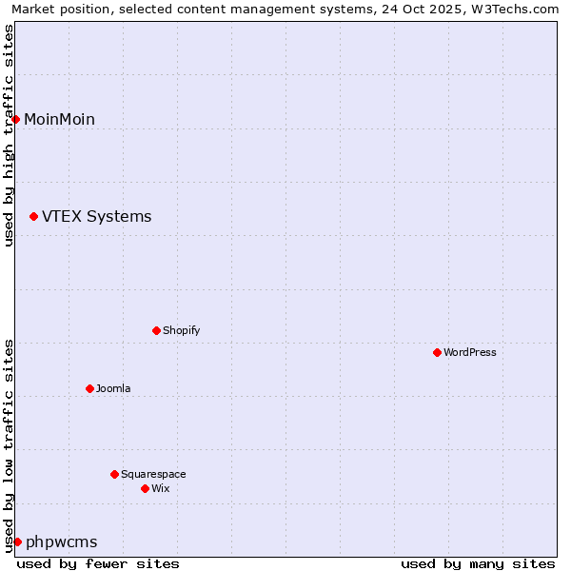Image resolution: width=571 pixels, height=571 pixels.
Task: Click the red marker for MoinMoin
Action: tap(16, 119)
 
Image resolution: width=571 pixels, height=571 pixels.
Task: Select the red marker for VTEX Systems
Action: tap(34, 217)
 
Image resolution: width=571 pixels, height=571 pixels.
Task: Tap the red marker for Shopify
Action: tap(156, 330)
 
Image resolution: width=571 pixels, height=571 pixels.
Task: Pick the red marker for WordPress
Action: tap(437, 352)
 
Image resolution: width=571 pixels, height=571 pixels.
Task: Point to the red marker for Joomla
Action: tap(89, 388)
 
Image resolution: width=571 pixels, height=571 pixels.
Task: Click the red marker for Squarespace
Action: tap(114, 474)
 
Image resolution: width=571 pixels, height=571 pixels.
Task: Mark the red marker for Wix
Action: tap(145, 488)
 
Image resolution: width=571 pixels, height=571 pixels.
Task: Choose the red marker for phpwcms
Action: tap(17, 541)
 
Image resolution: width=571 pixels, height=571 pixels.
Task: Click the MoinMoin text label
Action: tap(59, 119)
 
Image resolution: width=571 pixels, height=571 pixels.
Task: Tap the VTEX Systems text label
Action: tap(96, 217)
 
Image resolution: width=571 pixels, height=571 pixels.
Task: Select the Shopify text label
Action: tap(181, 330)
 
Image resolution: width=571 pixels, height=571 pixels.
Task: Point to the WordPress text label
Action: tap(469, 352)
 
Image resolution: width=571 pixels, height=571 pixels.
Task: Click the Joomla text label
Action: tap(113, 388)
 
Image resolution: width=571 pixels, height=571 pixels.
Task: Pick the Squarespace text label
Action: tap(153, 474)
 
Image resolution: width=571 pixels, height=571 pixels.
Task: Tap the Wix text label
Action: tap(160, 488)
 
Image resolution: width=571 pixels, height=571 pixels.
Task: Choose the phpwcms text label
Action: tap(61, 541)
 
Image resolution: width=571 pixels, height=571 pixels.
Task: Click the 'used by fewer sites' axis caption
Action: tap(98, 563)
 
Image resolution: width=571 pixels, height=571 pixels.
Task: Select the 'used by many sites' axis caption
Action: tap(477, 563)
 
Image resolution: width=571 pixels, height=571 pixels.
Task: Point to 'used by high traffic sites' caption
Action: tap(9, 135)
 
